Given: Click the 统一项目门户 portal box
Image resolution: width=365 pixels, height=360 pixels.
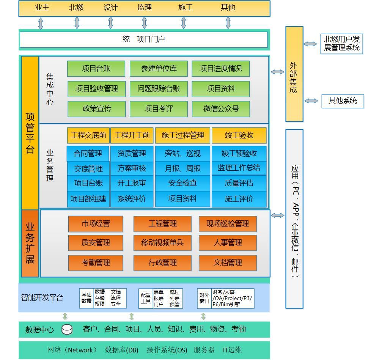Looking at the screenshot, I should [143, 39].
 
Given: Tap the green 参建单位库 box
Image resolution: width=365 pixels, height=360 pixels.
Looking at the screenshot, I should [159, 69].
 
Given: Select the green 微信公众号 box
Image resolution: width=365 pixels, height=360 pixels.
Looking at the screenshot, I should [221, 109].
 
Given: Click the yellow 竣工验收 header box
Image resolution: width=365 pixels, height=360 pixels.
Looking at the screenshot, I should [239, 135].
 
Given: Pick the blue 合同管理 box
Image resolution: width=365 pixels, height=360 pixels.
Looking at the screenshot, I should [88, 154].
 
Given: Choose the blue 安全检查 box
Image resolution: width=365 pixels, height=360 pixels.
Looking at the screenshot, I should [182, 183].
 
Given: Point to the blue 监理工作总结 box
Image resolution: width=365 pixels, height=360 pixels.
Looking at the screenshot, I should [239, 168].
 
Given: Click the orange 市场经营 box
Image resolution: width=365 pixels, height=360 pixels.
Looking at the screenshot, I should [96, 224].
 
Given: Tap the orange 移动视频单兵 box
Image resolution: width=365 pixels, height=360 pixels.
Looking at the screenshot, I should [162, 243].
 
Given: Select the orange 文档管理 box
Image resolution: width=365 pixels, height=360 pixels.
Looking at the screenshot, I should [228, 263].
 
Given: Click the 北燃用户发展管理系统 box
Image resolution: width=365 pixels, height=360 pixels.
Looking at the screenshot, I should [341, 44].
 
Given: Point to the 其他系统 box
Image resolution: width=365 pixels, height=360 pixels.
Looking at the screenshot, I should [343, 101].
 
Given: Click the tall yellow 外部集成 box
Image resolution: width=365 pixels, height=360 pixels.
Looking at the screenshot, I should [294, 74].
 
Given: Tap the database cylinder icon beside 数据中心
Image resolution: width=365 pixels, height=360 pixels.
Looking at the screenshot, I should [67, 330].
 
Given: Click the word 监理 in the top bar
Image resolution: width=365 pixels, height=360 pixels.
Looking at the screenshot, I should [144, 8].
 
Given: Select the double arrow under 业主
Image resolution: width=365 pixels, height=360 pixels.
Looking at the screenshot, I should [41, 23].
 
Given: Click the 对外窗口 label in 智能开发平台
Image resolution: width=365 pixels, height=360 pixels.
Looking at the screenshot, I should [204, 298].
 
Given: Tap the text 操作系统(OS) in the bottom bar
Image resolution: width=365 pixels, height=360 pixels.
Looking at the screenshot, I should [167, 350].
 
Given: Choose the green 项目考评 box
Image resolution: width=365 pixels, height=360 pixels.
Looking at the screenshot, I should [159, 109].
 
